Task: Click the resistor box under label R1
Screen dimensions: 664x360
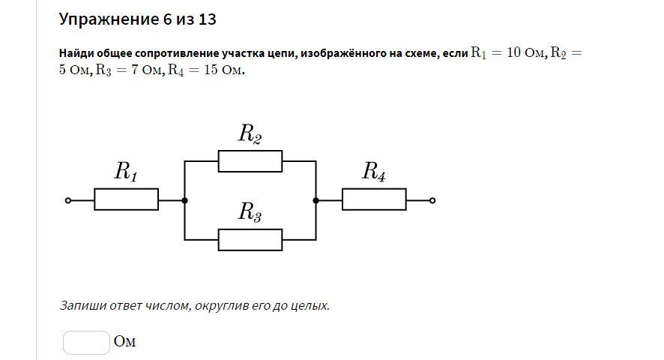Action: [126, 199]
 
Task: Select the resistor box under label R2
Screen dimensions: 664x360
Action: [250, 161]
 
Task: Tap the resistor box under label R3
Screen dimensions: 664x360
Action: [250, 240]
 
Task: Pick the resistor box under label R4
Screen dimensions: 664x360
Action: [375, 199]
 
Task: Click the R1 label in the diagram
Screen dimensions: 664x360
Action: [126, 172]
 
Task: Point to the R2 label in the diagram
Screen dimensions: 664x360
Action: [250, 134]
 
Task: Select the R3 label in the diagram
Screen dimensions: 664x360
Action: [250, 212]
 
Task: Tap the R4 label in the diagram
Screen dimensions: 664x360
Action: [374, 172]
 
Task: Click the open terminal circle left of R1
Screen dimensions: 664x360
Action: [68, 200]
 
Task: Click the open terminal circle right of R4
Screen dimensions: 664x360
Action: [432, 200]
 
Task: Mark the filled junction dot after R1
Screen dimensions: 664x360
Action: [184, 200]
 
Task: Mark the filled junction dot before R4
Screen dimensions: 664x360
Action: [316, 200]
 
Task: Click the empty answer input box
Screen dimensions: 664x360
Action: [86, 343]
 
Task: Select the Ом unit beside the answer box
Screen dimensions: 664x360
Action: [125, 341]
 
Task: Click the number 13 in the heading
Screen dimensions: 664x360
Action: [207, 19]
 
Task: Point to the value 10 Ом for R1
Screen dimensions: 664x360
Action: [525, 52]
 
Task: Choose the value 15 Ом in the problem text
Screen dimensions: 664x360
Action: [223, 70]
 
